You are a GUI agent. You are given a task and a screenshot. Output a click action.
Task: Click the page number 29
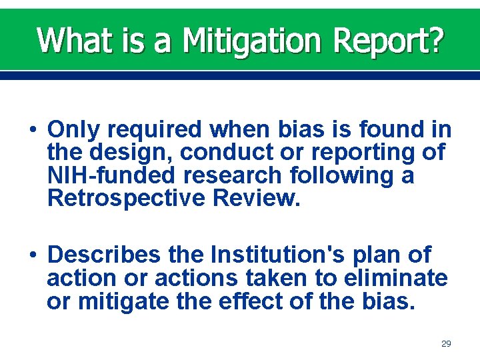pyautogui.click(x=446, y=343)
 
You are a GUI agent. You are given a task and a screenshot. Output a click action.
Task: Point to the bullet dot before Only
pyautogui.click(x=33, y=129)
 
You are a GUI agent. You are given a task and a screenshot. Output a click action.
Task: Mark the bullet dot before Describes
pyautogui.click(x=33, y=255)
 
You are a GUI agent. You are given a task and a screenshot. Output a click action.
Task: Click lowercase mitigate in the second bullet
pyautogui.click(x=127, y=302)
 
